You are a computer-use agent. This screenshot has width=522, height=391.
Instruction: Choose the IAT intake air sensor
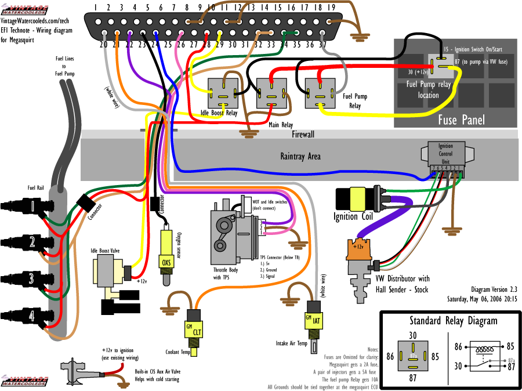pyautogui.click(x=313, y=320)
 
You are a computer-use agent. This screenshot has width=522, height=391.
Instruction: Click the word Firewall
pyautogui.click(x=303, y=135)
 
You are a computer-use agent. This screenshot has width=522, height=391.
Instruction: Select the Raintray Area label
pyautogui.click(x=300, y=156)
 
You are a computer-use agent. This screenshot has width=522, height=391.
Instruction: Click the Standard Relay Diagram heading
pyautogui.click(x=453, y=321)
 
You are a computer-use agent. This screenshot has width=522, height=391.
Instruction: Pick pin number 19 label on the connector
pyautogui.click(x=331, y=8)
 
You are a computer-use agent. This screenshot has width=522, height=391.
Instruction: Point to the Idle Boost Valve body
pyautogui.click(x=107, y=273)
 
